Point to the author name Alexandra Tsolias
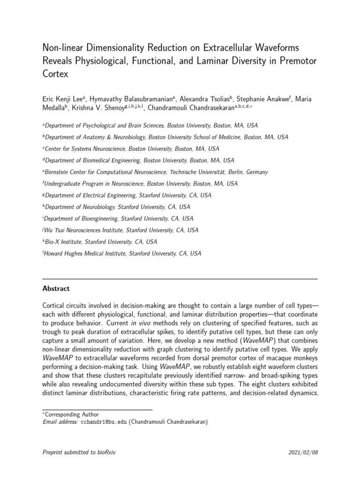pyautogui.click(x=207, y=99)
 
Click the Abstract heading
pyautogui.click(x=56, y=289)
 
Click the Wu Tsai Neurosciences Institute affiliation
pyautogui.click(x=121, y=230)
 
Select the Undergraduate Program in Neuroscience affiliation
pyautogui.click(x=141, y=184)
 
